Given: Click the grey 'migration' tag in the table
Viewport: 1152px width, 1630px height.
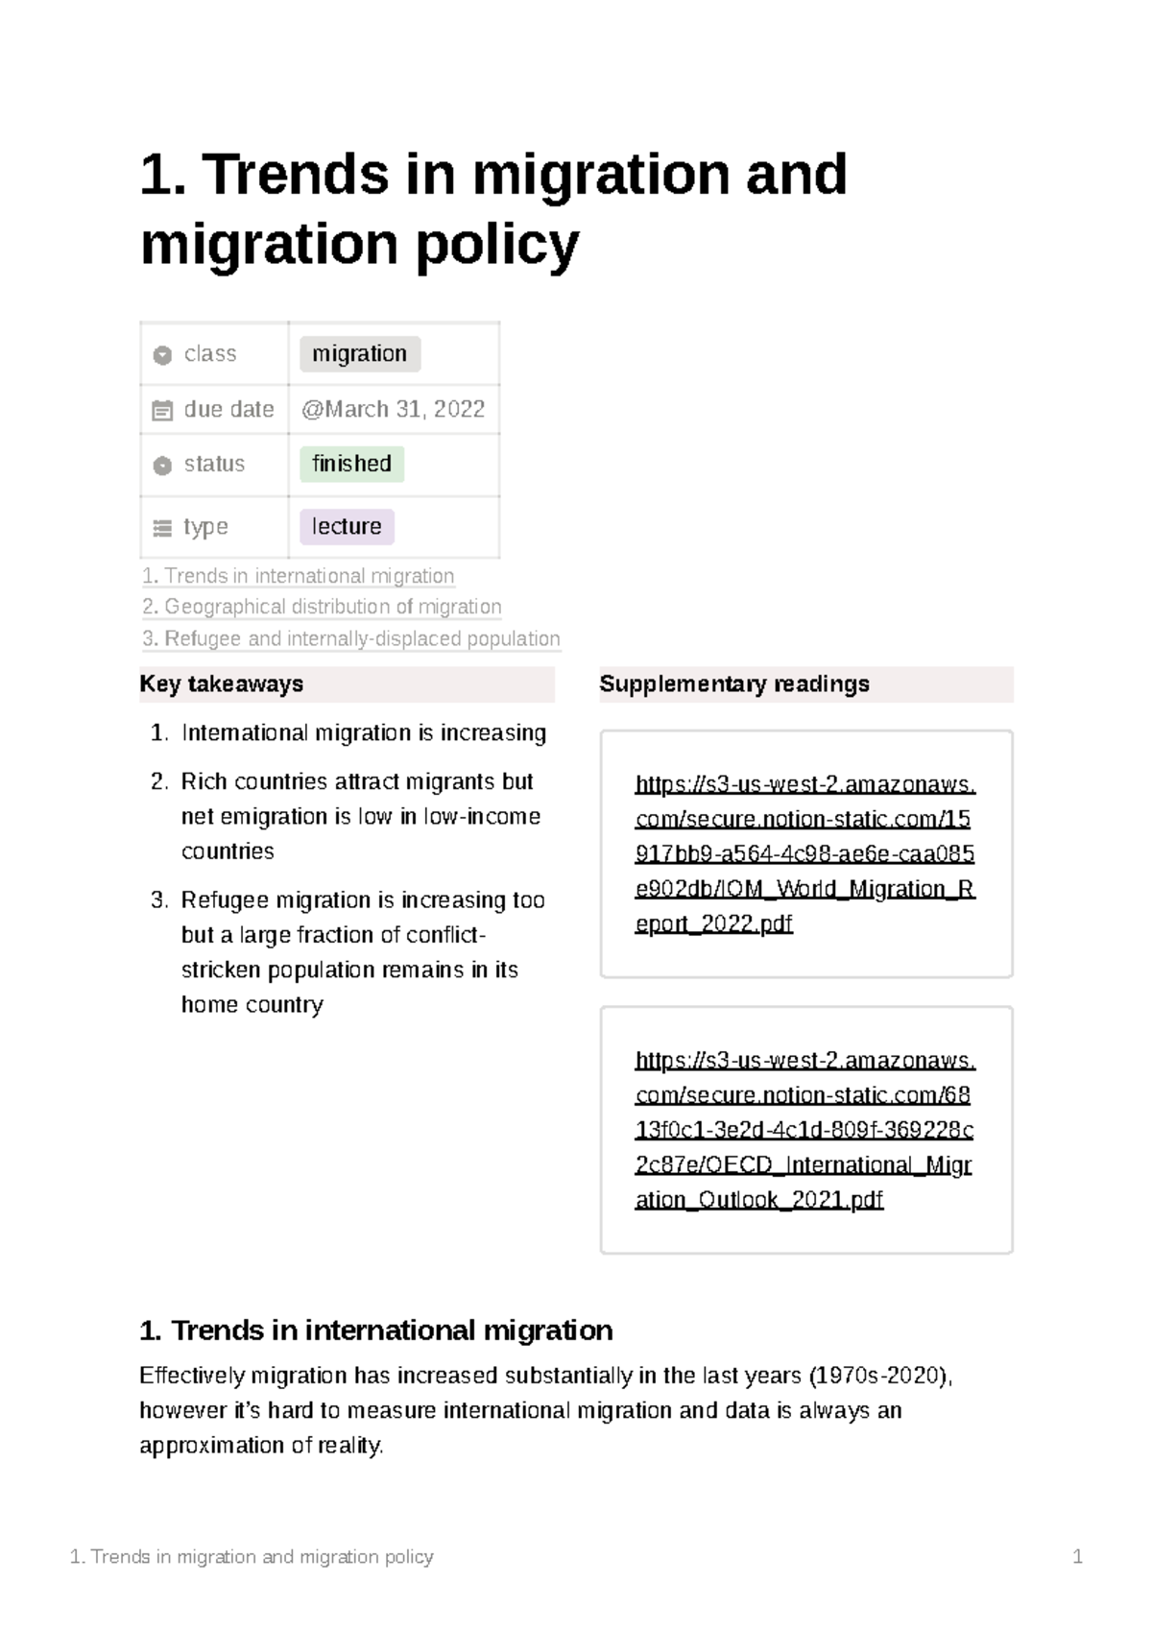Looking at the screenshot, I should tap(359, 354).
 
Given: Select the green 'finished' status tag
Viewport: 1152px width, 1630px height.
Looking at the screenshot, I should tap(351, 464).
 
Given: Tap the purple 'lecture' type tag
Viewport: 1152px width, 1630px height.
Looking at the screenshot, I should tap(347, 526).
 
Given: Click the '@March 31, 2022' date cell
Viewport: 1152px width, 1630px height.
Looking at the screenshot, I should tap(393, 409).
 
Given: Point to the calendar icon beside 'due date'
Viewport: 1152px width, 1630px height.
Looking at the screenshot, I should tap(162, 411).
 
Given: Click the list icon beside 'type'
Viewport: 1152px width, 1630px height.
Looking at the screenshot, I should tap(162, 528).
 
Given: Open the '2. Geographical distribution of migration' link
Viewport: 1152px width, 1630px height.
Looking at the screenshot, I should tap(322, 607).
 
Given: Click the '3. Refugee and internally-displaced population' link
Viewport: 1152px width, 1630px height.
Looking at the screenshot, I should tap(350, 638).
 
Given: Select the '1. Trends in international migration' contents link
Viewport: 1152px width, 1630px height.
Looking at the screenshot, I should tap(298, 576).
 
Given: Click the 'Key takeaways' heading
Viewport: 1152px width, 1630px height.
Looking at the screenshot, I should tap(222, 683).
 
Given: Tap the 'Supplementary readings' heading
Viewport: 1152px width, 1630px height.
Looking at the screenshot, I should tap(734, 683).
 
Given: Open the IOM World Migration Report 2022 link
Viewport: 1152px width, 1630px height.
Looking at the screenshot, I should tap(804, 853).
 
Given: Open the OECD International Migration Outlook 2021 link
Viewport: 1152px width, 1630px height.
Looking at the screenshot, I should tap(804, 1129).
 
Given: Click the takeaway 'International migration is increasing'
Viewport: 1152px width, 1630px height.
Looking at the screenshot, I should tap(363, 732).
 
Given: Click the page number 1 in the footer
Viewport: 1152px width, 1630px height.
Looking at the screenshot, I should tap(1077, 1556).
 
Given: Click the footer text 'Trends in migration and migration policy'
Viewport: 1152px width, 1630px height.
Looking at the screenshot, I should tap(261, 1556).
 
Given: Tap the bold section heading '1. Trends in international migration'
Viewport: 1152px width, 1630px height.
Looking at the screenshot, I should tap(375, 1330).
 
